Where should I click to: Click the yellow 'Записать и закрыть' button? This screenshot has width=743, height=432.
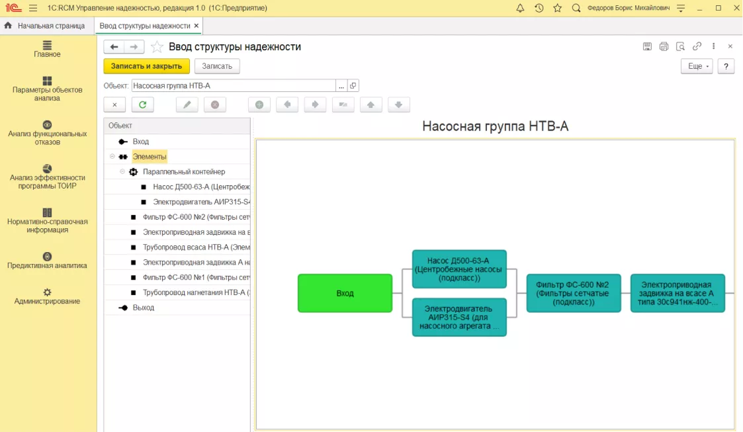pos(146,66)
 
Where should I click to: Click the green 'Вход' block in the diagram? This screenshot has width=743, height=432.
pos(345,293)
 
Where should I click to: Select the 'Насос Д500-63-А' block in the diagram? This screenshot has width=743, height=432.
pos(459,269)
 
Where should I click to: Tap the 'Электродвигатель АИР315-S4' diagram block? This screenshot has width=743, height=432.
pos(459,318)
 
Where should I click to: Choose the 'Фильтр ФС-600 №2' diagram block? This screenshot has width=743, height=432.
pos(574,293)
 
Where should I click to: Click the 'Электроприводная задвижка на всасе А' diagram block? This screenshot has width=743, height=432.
pos(677,293)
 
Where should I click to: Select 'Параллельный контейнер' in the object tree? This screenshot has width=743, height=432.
pos(184,172)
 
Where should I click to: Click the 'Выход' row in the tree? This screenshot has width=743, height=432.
pos(143,308)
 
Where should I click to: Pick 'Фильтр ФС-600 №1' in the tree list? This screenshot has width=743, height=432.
pos(197,278)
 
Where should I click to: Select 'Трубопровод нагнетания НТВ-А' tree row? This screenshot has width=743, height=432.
pos(197,292)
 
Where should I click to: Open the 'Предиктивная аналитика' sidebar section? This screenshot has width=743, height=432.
pos(47,261)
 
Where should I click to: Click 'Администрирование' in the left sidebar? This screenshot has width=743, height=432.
pos(47,296)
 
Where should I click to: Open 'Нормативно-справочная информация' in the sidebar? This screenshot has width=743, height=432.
pos(47,221)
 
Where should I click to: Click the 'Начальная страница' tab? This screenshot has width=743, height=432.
pos(51,26)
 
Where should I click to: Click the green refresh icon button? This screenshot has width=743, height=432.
pos(143,105)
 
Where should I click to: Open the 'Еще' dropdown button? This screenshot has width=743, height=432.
pos(697,66)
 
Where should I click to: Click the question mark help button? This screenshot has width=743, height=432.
pos(726,66)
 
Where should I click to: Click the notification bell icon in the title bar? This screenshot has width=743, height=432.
pos(520,8)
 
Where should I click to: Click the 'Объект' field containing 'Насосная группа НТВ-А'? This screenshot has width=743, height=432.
pos(234,86)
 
